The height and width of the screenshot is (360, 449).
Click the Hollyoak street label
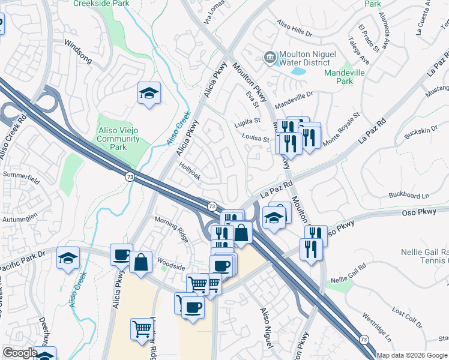tap(188, 170)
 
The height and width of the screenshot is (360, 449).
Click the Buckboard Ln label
tap(409, 196)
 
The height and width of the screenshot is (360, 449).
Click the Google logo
tap(20, 353)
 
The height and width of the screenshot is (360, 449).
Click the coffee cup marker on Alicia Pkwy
tap(121, 254)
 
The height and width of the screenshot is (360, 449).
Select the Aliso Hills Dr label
tap(295, 29)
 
